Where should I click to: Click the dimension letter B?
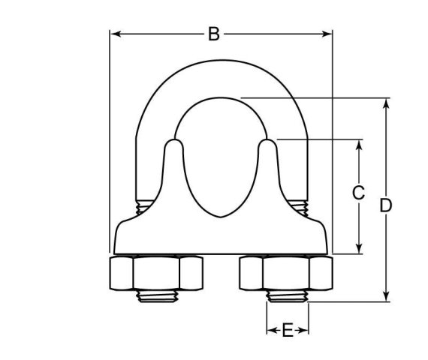[x=214, y=34]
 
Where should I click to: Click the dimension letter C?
[x=359, y=193]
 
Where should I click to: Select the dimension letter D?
[x=387, y=205]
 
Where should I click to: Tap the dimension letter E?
[x=287, y=331]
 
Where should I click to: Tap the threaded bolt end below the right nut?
[x=286, y=298]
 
